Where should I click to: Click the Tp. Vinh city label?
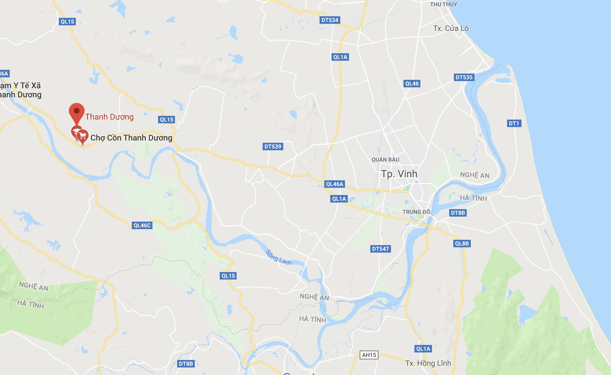[x=399, y=174]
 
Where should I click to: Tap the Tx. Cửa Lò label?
[x=451, y=28]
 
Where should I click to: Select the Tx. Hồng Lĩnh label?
[x=428, y=363]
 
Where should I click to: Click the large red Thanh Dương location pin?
[x=77, y=112]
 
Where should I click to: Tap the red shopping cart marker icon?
[x=83, y=136]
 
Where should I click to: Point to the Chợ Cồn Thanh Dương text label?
[x=131, y=138]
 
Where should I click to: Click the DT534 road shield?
[x=330, y=20]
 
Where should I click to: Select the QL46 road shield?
[x=412, y=84]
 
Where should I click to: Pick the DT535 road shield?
[x=464, y=77]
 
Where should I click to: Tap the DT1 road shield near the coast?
[x=514, y=123]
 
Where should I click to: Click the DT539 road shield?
[x=273, y=146]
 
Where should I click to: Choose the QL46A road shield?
[x=335, y=184]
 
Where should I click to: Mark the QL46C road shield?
[x=142, y=225]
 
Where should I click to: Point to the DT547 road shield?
[x=380, y=249]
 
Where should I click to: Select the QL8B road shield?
[x=462, y=244]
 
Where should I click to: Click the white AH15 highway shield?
[x=369, y=355]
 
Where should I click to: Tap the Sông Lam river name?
[x=279, y=257]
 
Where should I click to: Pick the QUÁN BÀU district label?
[x=385, y=160]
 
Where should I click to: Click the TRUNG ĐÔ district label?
[x=416, y=212]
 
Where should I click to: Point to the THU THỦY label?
[x=443, y=4]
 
